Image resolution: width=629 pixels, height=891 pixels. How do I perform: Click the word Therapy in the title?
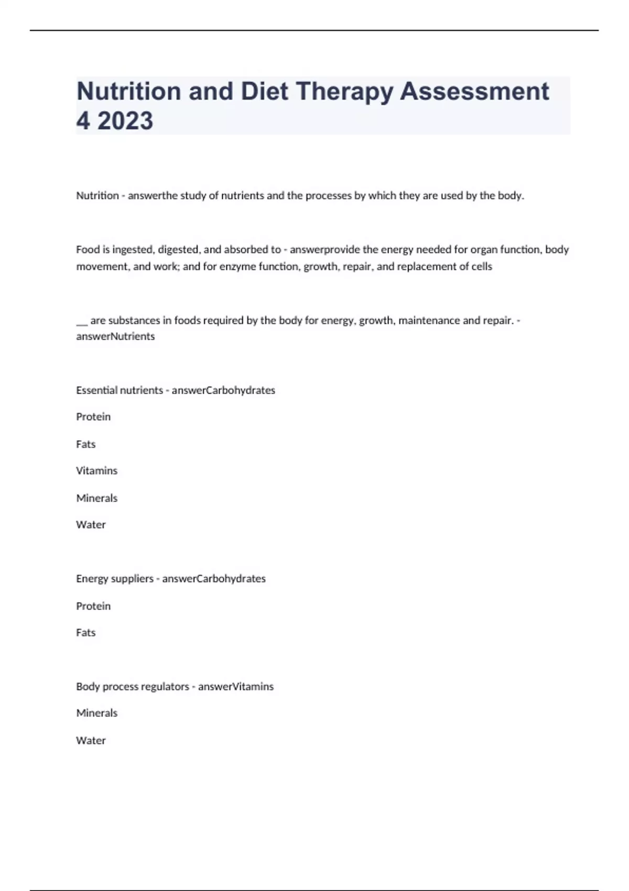(344, 91)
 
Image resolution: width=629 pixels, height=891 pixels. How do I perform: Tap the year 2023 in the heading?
(125, 121)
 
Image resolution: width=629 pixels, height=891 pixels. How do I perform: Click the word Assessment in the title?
(474, 91)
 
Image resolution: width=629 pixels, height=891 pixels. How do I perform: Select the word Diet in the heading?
(264, 91)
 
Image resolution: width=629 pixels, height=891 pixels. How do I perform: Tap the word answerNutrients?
(115, 336)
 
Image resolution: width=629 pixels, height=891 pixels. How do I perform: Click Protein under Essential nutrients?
(93, 417)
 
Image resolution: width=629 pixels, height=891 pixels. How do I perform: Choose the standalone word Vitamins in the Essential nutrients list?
(96, 471)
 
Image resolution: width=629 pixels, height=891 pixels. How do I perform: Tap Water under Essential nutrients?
(91, 525)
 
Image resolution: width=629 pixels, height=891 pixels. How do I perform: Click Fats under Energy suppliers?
(86, 633)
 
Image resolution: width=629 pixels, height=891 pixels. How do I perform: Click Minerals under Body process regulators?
(96, 713)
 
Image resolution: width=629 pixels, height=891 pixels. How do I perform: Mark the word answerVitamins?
(236, 687)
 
